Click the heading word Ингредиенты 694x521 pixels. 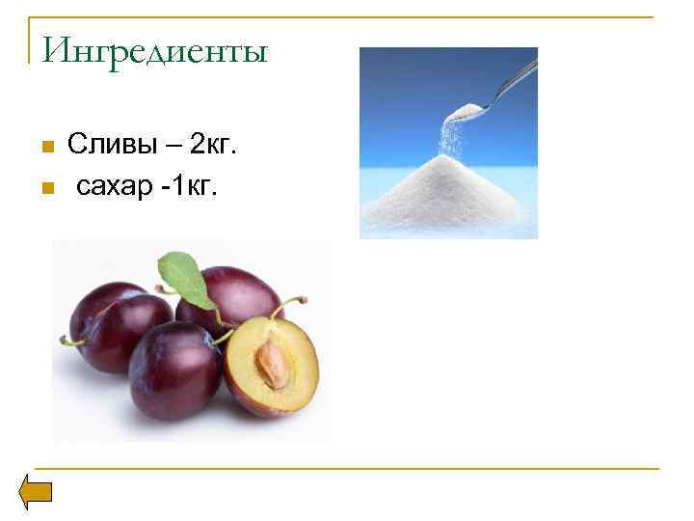click(x=154, y=49)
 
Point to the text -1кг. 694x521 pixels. click(x=189, y=184)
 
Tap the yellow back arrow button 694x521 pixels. click(x=37, y=493)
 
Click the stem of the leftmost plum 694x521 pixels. click(x=69, y=341)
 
